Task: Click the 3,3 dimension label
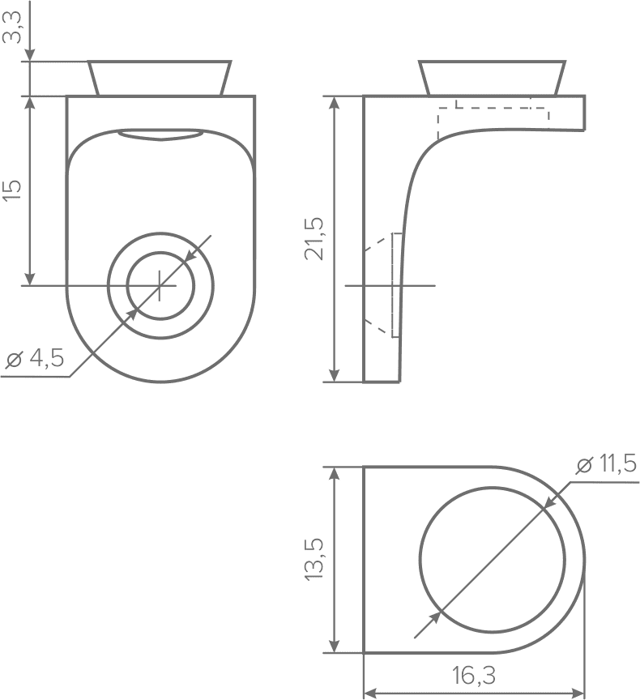point(12,28)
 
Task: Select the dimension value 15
point(12,190)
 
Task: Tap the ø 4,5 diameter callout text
point(35,358)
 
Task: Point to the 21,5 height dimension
point(314,238)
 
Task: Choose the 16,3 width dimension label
point(474,676)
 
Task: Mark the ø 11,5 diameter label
point(606,465)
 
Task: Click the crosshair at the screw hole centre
point(160,285)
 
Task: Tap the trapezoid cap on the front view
point(160,78)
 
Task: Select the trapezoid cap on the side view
point(493,78)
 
